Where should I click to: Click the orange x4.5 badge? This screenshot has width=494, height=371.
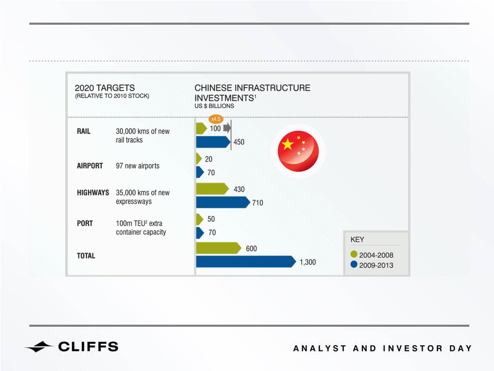point(216,119)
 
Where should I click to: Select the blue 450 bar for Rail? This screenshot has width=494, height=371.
point(213,142)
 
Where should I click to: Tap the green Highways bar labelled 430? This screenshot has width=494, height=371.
point(212,189)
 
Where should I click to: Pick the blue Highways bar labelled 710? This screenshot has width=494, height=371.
point(223,202)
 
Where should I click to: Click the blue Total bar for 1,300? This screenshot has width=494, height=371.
point(246,261)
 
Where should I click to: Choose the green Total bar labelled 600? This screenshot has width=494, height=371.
point(218,248)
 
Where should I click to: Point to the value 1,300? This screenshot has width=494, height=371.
point(307,262)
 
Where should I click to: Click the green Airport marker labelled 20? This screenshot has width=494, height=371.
point(199,158)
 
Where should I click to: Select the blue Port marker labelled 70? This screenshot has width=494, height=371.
point(200,233)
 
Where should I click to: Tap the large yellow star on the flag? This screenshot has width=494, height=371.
point(288,144)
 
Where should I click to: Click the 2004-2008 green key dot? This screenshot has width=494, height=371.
point(354,254)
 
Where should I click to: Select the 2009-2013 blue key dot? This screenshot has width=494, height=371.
point(354,264)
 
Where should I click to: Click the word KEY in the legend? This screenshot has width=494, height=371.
point(357,239)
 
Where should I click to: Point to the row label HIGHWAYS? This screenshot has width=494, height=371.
point(93,192)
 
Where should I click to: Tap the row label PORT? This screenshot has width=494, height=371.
point(85,223)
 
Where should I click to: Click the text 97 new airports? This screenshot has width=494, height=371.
point(138,166)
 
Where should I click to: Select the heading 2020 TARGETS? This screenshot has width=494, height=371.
point(104,87)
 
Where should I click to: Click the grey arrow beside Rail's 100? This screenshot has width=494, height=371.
point(227,128)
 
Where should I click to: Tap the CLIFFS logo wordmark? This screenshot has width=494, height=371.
point(88,347)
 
